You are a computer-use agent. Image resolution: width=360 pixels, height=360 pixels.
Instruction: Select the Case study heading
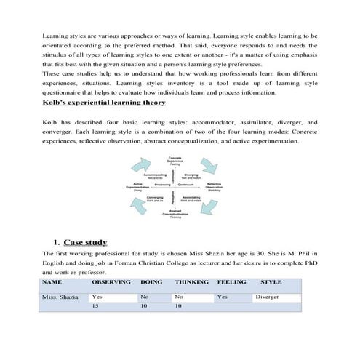pyautogui.click(x=85, y=242)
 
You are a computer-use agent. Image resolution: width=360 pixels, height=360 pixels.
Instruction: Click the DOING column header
pyautogui.click(x=151, y=281)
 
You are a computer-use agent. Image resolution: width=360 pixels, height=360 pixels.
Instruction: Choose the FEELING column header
pyautogui.click(x=231, y=281)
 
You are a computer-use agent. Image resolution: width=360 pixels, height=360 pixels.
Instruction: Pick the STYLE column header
pyautogui.click(x=271, y=281)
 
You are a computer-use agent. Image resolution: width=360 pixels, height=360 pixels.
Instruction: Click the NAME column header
pyautogui.click(x=52, y=281)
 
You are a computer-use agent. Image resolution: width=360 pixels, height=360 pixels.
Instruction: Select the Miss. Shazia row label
pyautogui.click(x=60, y=297)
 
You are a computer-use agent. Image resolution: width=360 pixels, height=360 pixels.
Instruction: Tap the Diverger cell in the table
pyautogui.click(x=267, y=297)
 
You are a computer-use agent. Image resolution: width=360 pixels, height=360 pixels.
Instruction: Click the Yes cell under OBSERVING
pyautogui.click(x=97, y=297)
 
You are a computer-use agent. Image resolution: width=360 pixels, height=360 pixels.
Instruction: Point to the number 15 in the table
pyautogui.click(x=95, y=307)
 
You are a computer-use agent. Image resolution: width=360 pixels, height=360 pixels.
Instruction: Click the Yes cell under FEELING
pyautogui.click(x=223, y=297)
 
